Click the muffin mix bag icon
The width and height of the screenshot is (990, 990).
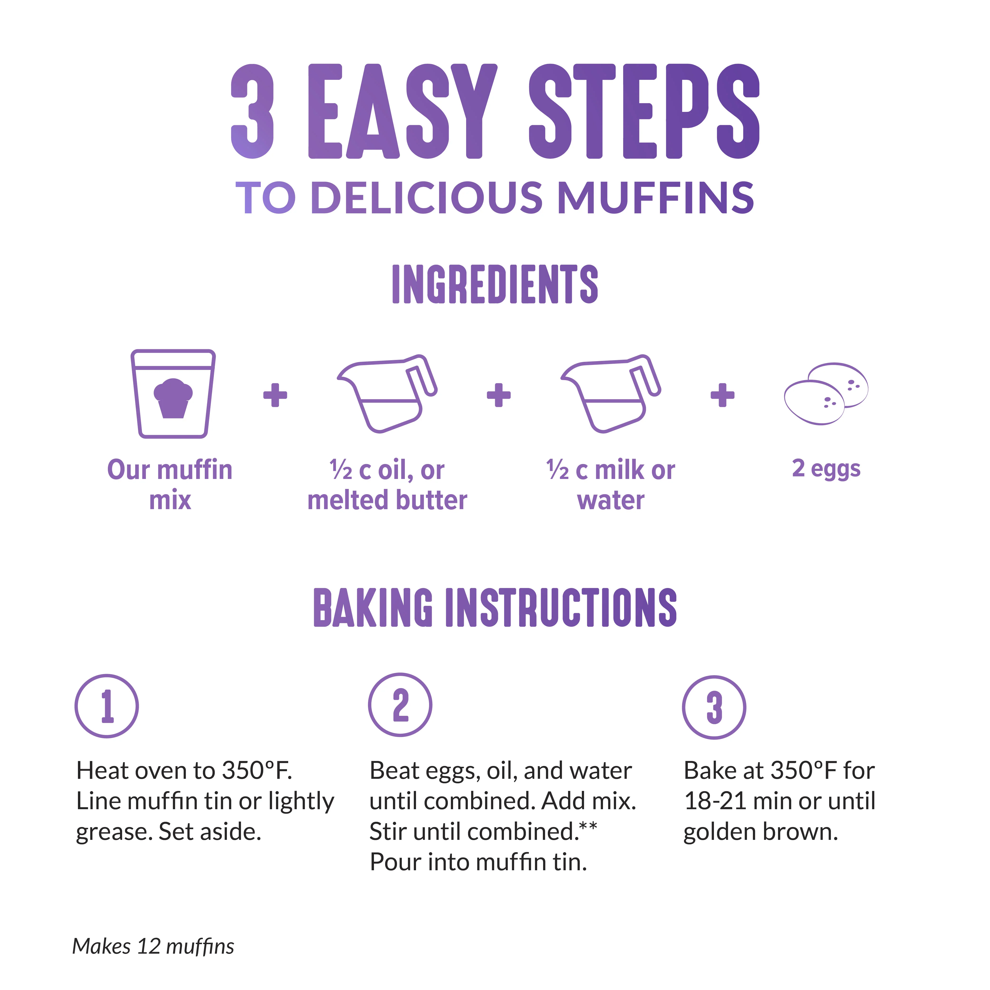point(173,393)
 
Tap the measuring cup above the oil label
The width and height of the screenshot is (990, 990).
point(387,393)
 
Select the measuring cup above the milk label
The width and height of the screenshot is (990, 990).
point(611,393)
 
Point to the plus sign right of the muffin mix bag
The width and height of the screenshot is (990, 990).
point(275,395)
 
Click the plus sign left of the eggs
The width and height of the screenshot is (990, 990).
point(722,395)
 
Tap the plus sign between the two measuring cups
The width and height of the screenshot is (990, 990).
point(499,395)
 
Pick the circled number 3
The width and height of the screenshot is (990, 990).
point(714,707)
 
